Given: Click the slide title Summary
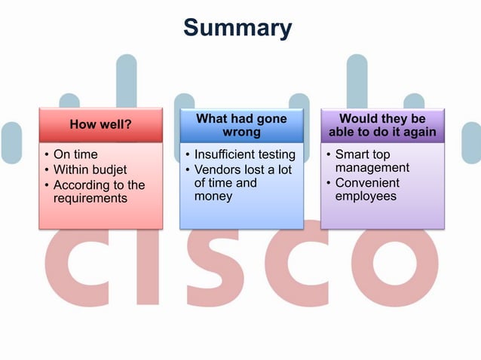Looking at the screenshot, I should coord(237,28).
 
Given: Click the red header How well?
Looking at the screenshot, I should coord(101,125).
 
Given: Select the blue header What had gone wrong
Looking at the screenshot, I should coord(241,126).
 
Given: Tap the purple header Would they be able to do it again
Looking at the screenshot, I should coord(382,126).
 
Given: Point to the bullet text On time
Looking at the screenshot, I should coord(75,155).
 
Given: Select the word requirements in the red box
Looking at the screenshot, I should coord(90,199).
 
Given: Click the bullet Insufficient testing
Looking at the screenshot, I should coord(244,155).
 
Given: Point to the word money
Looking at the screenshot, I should coord(213,197).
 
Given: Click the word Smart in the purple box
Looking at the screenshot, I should coord(353,155).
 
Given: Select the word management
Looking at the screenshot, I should coord(372,168).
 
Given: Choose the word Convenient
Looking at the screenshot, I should coord(368,183).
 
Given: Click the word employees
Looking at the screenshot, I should coord(366,197).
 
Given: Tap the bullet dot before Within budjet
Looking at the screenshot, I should coord(47,170).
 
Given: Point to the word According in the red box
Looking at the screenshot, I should coord(81,185).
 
